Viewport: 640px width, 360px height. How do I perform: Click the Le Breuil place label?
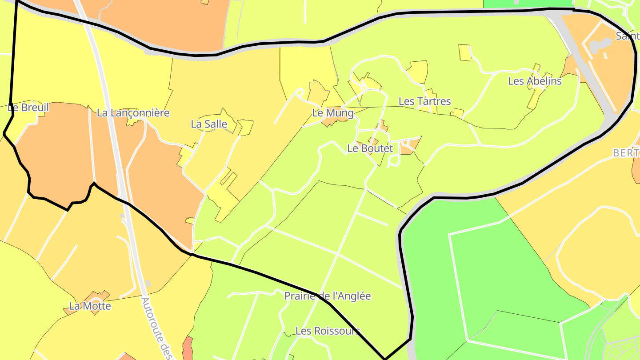pyautogui.click(x=28, y=108)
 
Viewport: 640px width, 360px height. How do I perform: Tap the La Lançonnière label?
pyautogui.click(x=133, y=113)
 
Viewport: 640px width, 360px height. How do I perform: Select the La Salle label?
pyautogui.click(x=209, y=124)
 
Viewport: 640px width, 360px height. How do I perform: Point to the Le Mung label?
pyautogui.click(x=333, y=113)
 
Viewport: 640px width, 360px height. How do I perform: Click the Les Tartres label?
pyautogui.click(x=424, y=101)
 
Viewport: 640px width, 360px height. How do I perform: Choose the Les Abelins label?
pyautogui.click(x=535, y=81)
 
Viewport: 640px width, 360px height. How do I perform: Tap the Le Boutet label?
pyautogui.click(x=370, y=148)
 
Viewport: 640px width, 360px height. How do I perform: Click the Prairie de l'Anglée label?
pyautogui.click(x=328, y=296)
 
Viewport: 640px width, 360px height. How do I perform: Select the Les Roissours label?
pyautogui.click(x=328, y=331)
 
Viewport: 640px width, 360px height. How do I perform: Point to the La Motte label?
pyautogui.click(x=90, y=306)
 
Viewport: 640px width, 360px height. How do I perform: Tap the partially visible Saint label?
pyautogui.click(x=627, y=36)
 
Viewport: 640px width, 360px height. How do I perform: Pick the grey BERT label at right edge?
pyautogui.click(x=626, y=153)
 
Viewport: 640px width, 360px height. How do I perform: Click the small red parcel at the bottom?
pyautogui.click(x=188, y=349)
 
